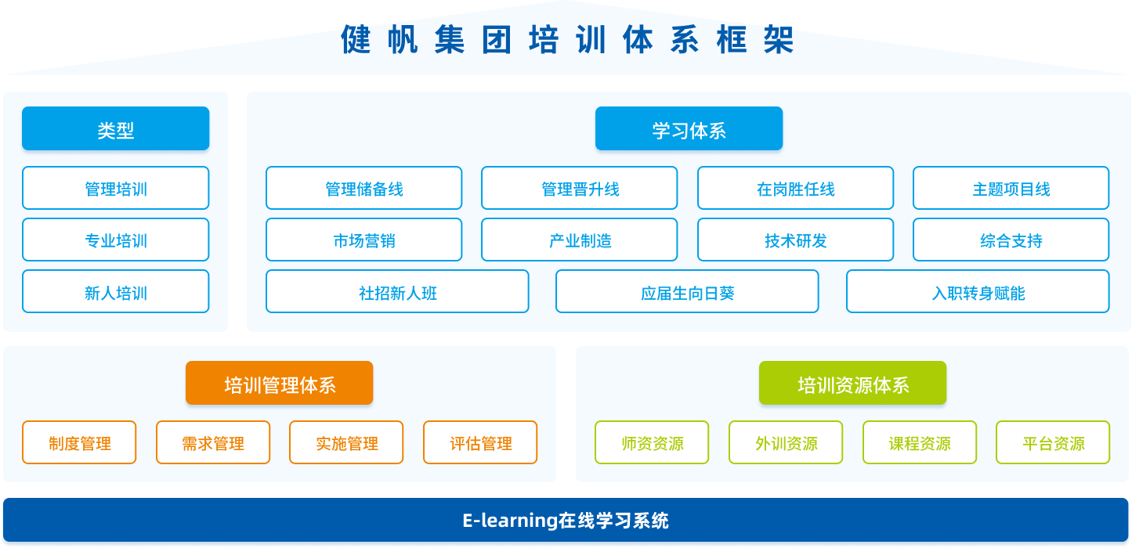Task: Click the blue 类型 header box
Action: point(116,128)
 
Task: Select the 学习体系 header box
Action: point(689,128)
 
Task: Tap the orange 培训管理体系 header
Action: point(280,383)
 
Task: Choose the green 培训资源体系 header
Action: point(852,383)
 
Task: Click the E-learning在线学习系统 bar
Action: point(566,521)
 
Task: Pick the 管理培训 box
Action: point(116,188)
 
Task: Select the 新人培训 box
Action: point(116,291)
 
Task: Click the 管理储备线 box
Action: point(363,188)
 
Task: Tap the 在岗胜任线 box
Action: point(795,188)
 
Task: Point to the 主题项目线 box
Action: point(1011,188)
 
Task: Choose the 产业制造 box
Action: point(580,240)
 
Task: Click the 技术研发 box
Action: point(795,240)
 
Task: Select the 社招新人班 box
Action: point(397,291)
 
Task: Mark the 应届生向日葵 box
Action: point(687,291)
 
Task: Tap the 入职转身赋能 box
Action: point(978,291)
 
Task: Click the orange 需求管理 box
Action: point(213,442)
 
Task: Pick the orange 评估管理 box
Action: point(480,442)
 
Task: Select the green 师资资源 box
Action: point(652,442)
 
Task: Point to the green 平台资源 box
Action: point(1053,442)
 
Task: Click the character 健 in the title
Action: point(356,39)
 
